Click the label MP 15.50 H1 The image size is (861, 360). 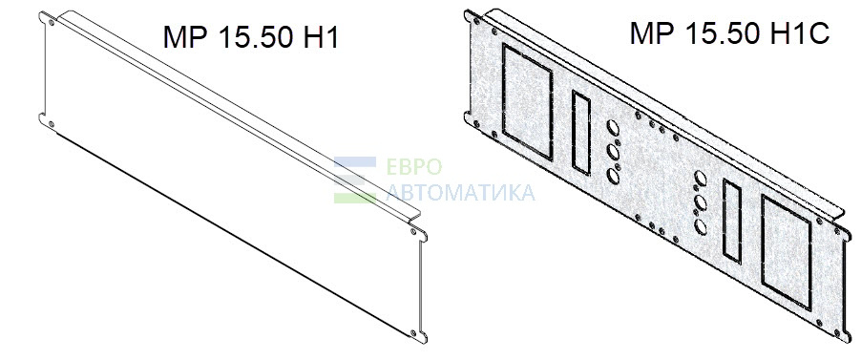point(250,38)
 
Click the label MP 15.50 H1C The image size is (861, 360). point(729,33)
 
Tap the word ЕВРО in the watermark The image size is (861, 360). point(414,167)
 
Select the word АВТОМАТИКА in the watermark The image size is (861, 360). point(461,193)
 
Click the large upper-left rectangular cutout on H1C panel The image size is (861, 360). point(528,102)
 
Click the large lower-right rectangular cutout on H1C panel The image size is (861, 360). point(787,251)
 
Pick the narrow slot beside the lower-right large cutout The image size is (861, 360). point(732,220)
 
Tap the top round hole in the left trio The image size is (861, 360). point(614,129)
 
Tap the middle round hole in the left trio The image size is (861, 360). point(614,152)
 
